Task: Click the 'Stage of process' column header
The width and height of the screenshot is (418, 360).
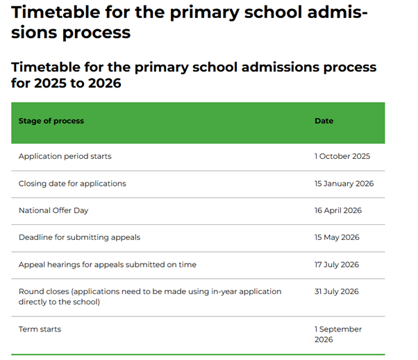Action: point(51,121)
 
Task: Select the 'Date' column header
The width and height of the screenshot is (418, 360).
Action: point(324,121)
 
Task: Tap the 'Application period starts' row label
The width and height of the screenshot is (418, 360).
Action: point(65,156)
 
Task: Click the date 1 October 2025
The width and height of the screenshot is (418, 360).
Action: point(342,156)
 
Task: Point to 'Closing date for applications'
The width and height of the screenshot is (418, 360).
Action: point(72,183)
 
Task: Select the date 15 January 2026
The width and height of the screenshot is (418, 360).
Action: point(344,183)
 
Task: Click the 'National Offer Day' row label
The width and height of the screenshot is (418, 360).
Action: point(53,210)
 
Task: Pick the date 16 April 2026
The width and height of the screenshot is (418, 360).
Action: point(338,210)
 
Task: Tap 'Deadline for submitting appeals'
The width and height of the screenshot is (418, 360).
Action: point(79,237)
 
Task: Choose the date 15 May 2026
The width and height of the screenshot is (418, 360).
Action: point(337,237)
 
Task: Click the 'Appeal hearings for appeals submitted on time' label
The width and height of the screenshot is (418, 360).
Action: point(107,264)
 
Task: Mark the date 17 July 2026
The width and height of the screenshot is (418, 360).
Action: point(337,264)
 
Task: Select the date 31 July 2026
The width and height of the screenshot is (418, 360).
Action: point(337,291)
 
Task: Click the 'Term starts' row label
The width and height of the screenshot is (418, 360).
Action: point(40,329)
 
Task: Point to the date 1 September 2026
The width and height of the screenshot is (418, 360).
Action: point(338,334)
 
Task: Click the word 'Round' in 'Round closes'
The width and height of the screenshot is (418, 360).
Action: point(30,291)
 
